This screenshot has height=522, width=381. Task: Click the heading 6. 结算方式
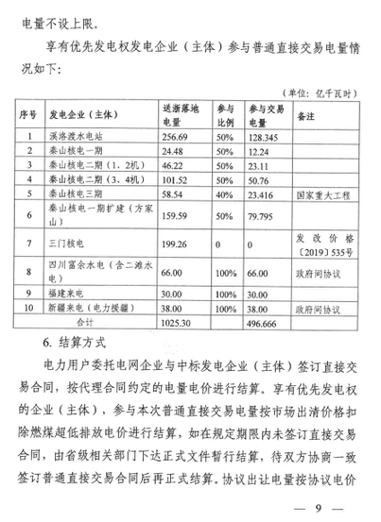(x=78, y=340)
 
